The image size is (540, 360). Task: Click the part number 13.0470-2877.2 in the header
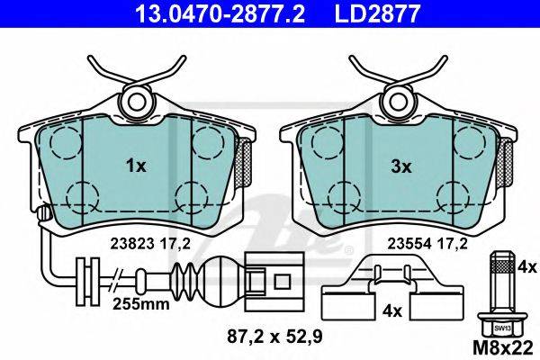(220, 13)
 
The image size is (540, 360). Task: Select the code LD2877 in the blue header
(377, 13)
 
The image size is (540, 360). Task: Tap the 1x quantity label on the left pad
(136, 166)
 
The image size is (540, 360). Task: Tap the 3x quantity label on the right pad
(401, 167)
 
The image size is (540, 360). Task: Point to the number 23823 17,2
(149, 244)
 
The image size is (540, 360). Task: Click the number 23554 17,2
(427, 244)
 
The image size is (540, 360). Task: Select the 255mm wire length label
(141, 304)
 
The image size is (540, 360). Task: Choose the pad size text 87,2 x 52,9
(274, 337)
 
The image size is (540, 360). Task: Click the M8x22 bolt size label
(503, 348)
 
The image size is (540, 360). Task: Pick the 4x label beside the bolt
(526, 267)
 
